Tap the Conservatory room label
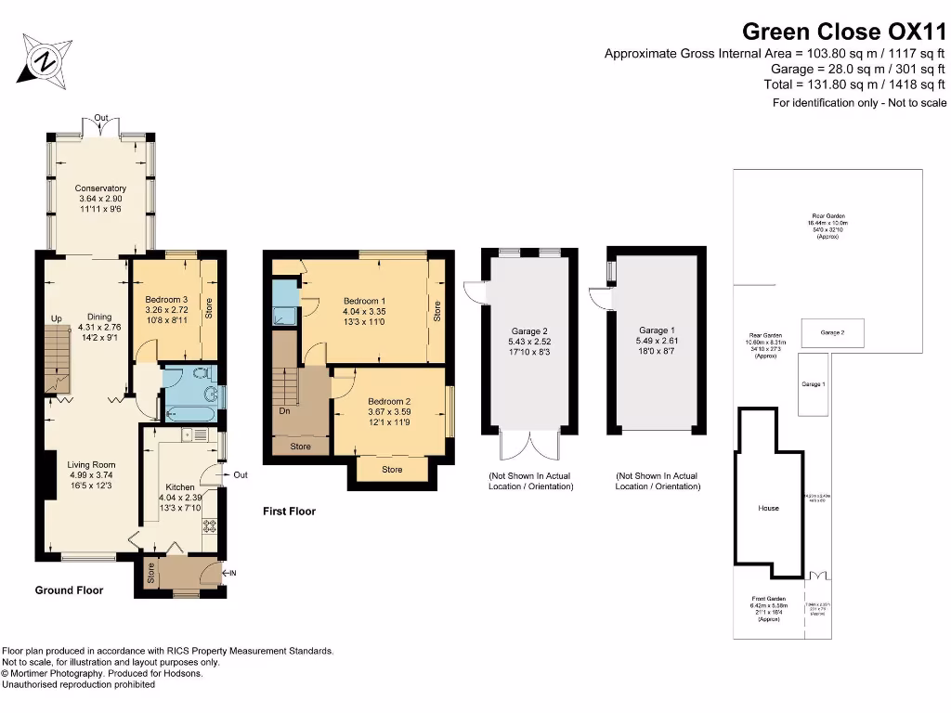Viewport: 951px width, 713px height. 100,188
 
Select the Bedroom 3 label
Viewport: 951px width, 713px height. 167,300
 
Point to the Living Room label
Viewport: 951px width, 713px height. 91,465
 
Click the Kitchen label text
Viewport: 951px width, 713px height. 179,486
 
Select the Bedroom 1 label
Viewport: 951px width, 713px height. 364,301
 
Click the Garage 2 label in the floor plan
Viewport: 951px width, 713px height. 529,331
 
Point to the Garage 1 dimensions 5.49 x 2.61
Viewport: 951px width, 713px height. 655,342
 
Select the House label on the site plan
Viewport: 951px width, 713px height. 768,508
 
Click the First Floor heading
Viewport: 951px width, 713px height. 289,512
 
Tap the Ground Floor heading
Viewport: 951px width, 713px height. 69,590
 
